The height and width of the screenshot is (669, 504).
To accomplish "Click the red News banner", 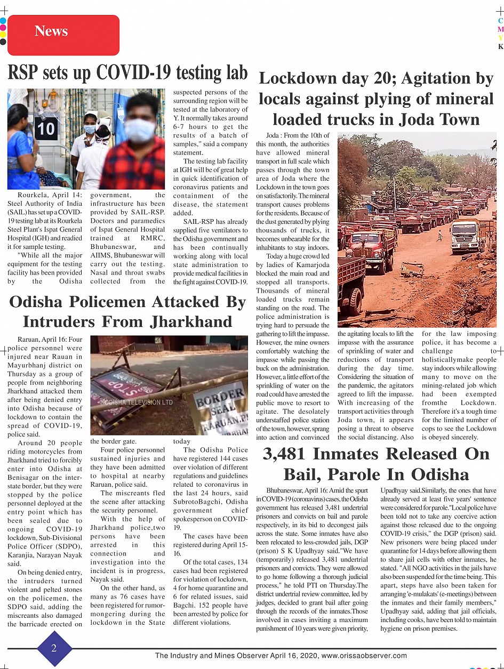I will pos(63,35).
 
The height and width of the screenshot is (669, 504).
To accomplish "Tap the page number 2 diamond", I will pos(54,648).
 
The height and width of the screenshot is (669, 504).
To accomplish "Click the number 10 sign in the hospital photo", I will pos(46,128).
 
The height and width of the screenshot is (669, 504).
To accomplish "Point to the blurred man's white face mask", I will pos(139,131).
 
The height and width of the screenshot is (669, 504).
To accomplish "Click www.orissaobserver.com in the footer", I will pos(364,656).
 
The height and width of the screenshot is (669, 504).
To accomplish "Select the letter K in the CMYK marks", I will pos(500,46).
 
